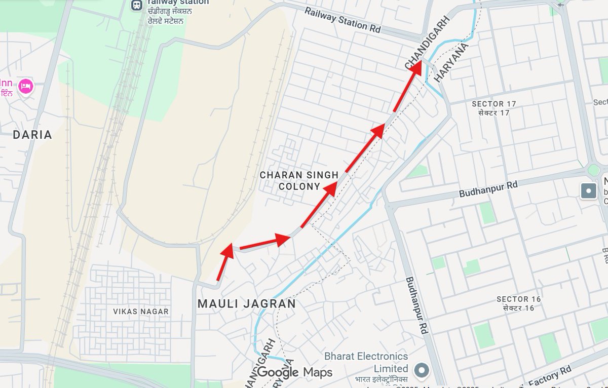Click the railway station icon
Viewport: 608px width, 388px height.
(x=136, y=5)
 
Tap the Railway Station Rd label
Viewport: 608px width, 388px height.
(x=343, y=20)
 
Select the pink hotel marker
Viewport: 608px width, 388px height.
(x=25, y=87)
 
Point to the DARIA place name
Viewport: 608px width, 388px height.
(x=32, y=135)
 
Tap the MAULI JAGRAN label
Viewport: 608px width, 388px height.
(x=246, y=304)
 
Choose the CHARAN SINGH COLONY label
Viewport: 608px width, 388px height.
(x=299, y=180)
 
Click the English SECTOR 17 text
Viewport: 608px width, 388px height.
(x=493, y=104)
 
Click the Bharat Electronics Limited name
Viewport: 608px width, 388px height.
(x=366, y=362)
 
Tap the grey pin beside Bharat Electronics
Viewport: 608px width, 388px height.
(x=422, y=371)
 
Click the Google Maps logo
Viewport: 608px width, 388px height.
(x=294, y=373)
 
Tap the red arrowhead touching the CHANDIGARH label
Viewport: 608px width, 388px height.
(x=415, y=68)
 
